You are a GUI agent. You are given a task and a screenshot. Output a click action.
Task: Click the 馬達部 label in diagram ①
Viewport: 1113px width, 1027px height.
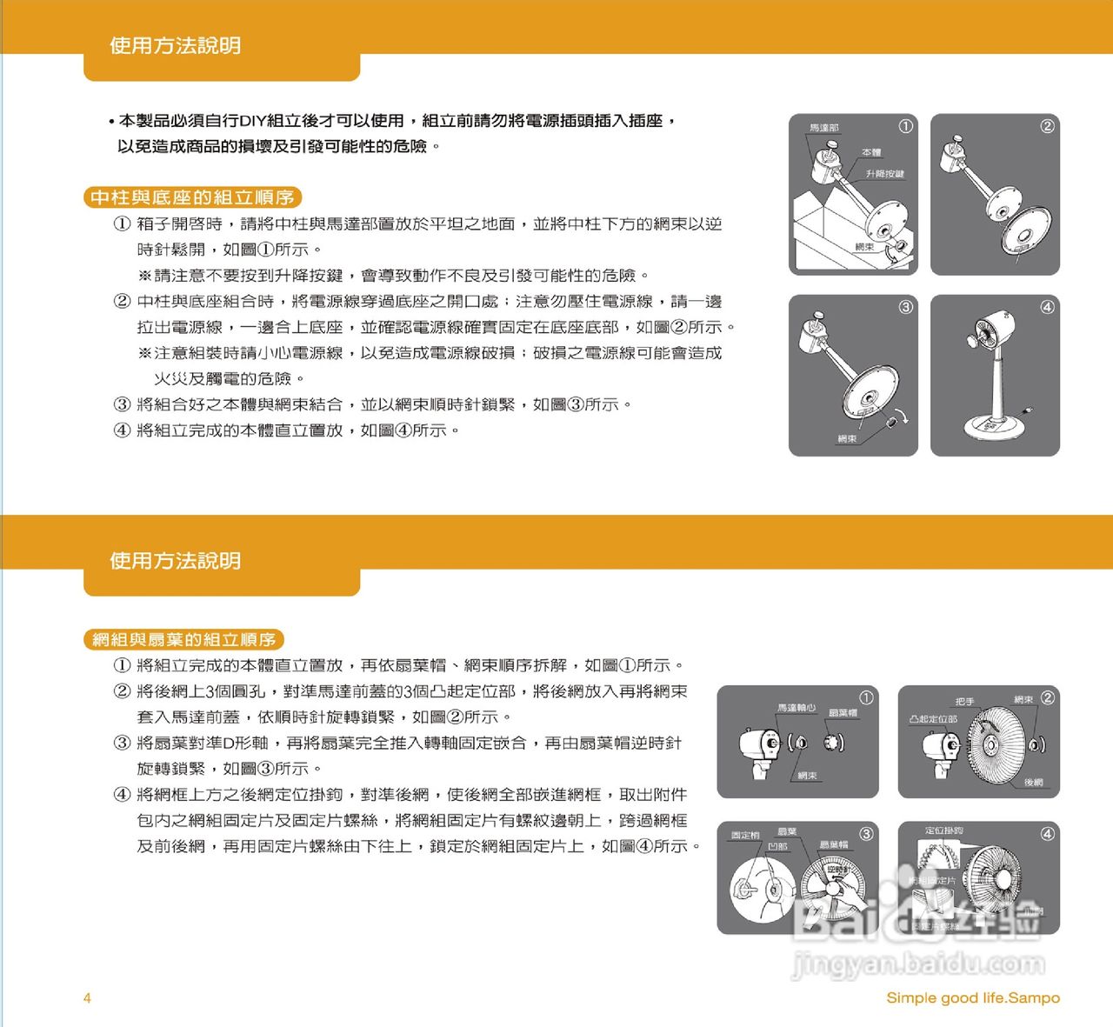pos(823,128)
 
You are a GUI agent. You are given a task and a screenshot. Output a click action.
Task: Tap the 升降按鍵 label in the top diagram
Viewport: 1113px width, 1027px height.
pos(884,174)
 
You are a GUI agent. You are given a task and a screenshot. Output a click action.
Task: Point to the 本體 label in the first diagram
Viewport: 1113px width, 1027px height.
pos(871,152)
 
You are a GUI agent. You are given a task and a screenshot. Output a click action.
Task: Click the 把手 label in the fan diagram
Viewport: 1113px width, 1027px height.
pos(964,701)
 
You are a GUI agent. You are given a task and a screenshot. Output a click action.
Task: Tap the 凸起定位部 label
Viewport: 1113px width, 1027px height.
pos(933,719)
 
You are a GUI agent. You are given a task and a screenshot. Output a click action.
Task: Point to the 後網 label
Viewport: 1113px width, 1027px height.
pos(1033,783)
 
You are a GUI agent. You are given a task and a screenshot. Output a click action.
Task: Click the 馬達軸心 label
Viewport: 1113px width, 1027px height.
pos(796,708)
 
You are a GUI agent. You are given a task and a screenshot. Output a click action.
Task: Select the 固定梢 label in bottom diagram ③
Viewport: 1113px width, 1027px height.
pos(745,835)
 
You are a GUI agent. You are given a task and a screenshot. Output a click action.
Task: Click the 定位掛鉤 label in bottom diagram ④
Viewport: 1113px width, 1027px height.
pos(943,830)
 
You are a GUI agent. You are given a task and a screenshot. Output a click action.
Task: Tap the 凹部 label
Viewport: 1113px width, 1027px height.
pos(777,846)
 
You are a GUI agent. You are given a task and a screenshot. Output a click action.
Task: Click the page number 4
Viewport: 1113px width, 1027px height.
pos(87,997)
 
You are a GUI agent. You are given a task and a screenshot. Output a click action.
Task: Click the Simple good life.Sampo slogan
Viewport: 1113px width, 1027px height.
pos(973,997)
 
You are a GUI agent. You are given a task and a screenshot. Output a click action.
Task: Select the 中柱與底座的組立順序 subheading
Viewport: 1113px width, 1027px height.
pos(192,197)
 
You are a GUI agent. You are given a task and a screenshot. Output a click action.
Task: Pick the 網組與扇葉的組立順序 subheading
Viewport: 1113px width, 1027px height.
pos(183,640)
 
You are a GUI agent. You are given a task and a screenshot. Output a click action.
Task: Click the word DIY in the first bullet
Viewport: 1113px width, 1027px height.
pos(252,121)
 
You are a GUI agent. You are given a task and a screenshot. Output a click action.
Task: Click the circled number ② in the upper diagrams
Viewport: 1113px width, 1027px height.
pos(1047,126)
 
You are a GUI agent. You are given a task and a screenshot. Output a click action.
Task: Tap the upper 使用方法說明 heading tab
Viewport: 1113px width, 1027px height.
pos(175,46)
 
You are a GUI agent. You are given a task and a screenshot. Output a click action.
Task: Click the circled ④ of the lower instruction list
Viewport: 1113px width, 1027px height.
pos(123,795)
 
